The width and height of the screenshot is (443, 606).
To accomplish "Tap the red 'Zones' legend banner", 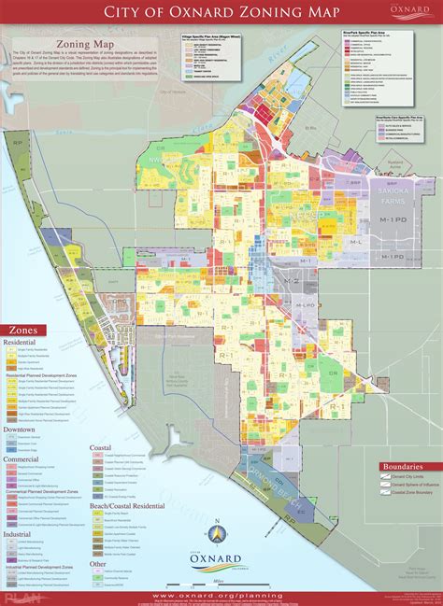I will tap(26, 330).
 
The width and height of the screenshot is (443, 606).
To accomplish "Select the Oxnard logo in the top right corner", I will tap(413, 14).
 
